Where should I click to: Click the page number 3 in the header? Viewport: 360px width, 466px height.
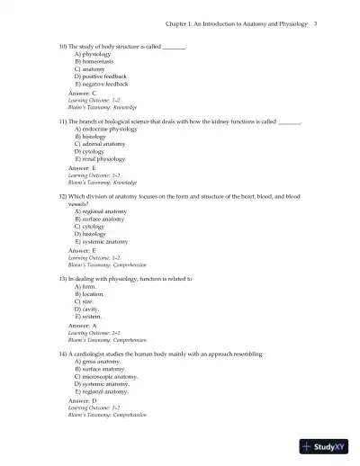tap(316, 24)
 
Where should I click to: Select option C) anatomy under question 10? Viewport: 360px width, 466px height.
tap(89, 69)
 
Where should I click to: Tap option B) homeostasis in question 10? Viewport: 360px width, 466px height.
tap(95, 61)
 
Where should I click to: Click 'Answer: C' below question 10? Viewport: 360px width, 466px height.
tap(82, 93)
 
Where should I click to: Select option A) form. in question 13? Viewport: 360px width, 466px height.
tap(87, 287)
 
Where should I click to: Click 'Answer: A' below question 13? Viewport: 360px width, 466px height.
tap(82, 325)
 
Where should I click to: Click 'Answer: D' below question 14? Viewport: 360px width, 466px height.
tap(82, 400)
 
